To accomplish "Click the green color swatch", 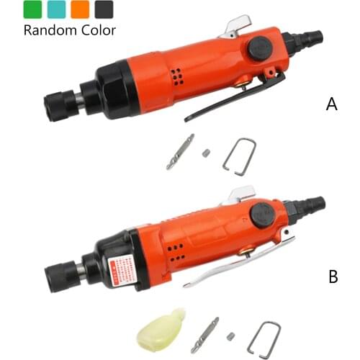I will point(32,9).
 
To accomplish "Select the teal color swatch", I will point(55,9).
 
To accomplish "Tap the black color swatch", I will point(104,9).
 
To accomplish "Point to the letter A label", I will point(331,104).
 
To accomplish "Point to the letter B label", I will point(333,276).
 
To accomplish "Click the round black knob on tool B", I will point(260,215).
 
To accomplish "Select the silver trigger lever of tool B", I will point(238,263).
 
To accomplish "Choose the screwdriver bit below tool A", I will point(179,151).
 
